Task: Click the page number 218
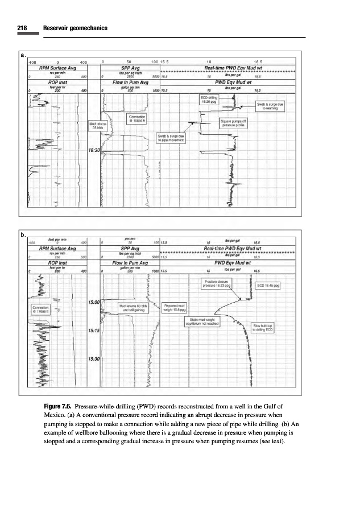[22, 27]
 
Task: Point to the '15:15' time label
[93, 330]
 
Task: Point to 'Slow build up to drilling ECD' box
[264, 328]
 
